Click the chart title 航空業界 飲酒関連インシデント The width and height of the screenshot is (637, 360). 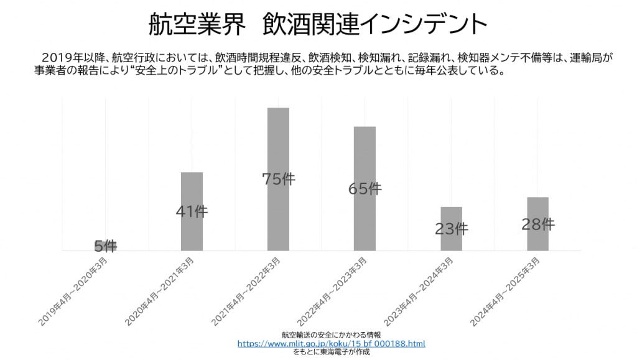[318, 24]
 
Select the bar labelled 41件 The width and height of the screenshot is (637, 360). [192, 187]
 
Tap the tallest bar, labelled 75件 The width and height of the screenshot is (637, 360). [278, 143]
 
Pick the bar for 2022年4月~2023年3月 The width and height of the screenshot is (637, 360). [365, 155]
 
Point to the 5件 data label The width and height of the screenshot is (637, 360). [106, 246]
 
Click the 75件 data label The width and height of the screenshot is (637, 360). [278, 180]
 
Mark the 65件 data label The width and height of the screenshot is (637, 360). [365, 189]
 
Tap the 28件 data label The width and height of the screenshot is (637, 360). [537, 224]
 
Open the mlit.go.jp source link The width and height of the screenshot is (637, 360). [331, 343]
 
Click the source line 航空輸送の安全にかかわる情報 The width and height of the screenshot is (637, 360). [331, 335]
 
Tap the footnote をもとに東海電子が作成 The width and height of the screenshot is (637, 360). [331, 352]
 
